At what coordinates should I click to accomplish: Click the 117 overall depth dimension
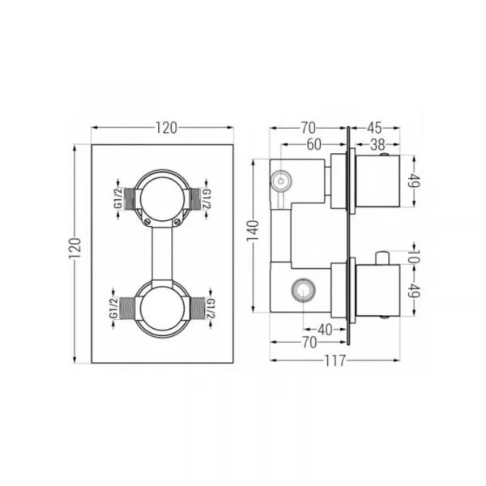[335, 360]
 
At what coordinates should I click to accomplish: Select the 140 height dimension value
[253, 231]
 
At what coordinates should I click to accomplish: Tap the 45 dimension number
[374, 128]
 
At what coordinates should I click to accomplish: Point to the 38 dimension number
[377, 145]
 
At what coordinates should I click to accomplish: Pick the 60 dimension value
[313, 145]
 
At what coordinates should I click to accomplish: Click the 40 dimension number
[325, 330]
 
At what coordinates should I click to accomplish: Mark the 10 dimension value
[413, 257]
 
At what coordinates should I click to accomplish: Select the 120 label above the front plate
[166, 128]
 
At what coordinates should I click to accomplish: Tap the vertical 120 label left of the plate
[75, 249]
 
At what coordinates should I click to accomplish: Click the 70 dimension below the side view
[309, 343]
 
